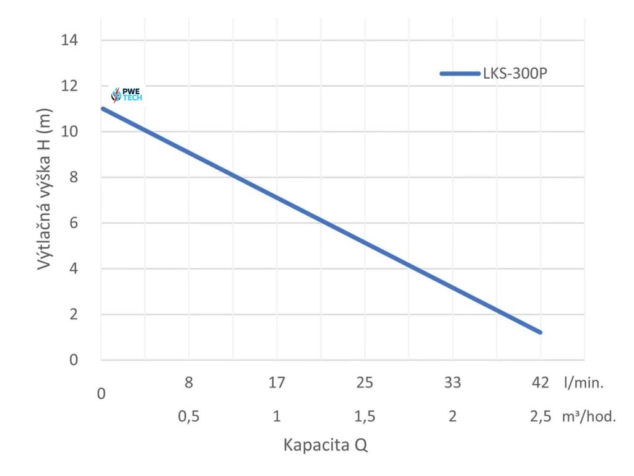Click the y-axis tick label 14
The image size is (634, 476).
70,40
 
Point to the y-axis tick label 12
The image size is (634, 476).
70,86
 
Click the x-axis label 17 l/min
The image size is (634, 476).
277,383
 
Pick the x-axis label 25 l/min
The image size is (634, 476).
365,383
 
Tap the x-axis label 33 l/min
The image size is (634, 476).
453,383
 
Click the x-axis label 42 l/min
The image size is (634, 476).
541,383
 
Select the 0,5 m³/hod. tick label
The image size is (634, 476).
189,416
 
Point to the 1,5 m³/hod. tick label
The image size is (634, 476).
365,416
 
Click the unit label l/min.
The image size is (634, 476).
583,383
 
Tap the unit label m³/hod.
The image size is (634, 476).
589,416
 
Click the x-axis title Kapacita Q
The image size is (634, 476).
326,445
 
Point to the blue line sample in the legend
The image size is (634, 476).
460,74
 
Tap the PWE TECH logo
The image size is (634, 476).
126,94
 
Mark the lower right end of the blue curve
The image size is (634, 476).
540,332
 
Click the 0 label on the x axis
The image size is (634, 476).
102,394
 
